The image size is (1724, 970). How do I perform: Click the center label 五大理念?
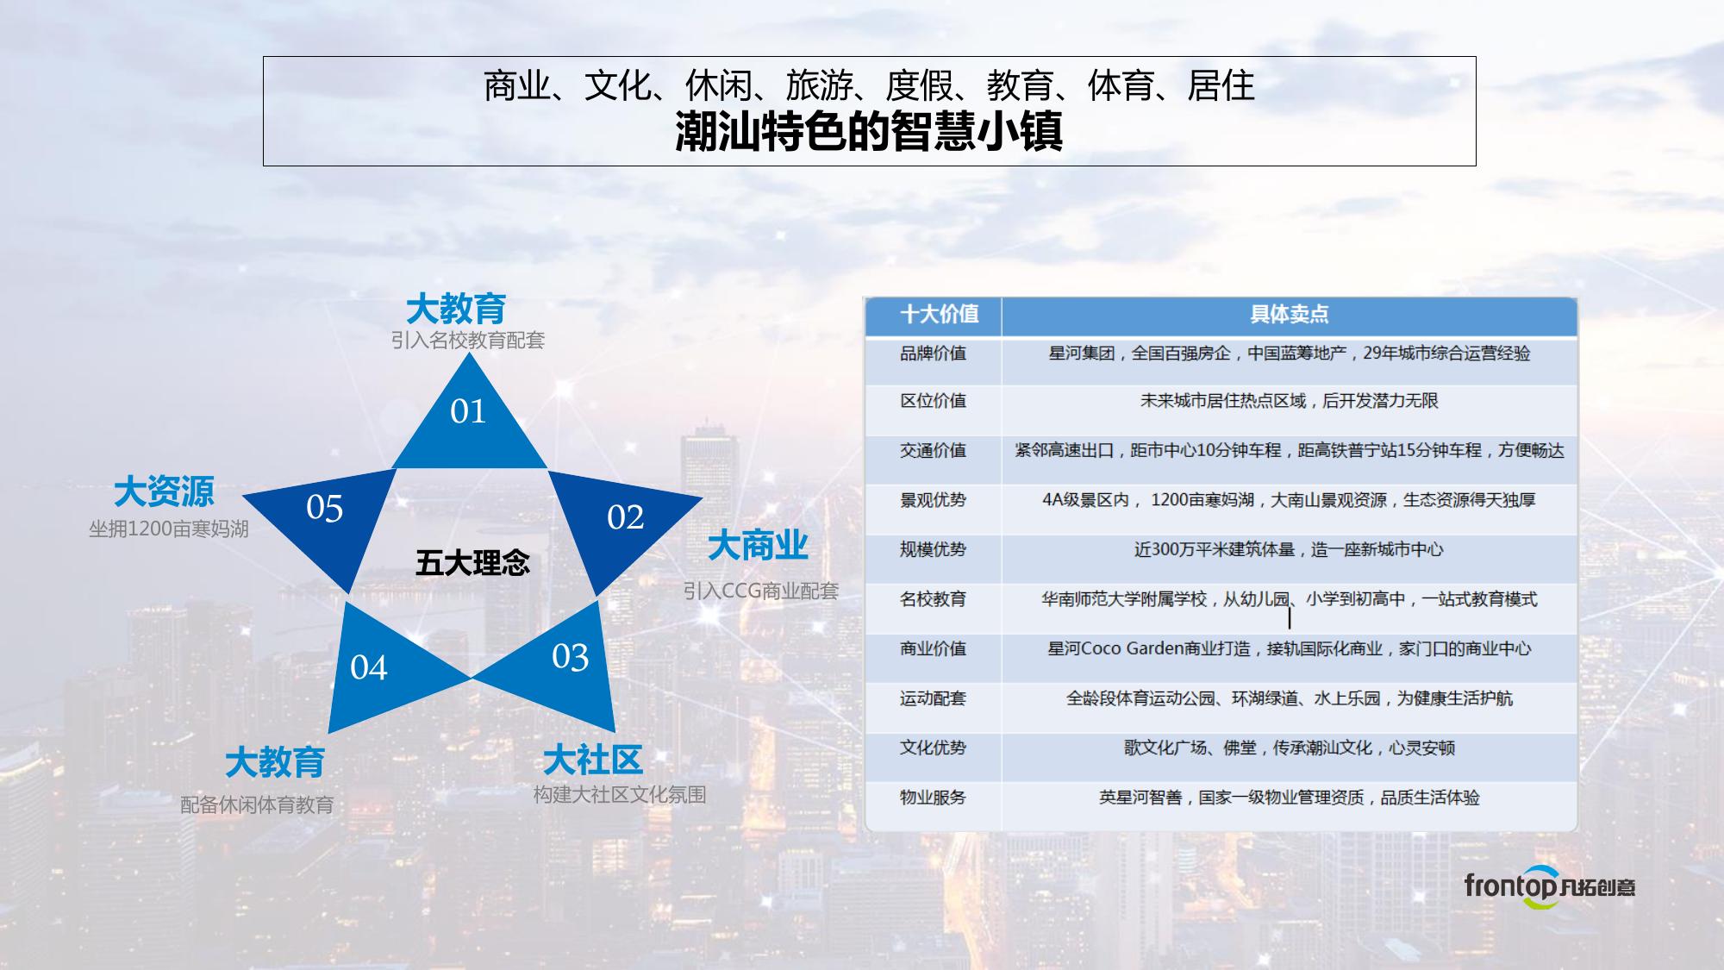tap(472, 563)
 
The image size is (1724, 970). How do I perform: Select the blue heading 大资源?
tap(164, 491)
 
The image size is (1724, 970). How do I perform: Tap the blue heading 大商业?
tap(758, 546)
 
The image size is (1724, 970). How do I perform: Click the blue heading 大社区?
tap(593, 760)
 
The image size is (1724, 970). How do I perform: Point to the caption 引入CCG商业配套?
tap(761, 591)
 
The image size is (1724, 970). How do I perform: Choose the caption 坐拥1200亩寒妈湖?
tap(169, 529)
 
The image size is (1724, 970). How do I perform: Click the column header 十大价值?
tap(940, 314)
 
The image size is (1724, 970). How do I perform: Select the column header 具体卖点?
tap(1290, 314)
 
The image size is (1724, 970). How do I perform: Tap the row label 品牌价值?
tap(933, 354)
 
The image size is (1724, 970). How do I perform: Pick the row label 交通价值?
tap(933, 450)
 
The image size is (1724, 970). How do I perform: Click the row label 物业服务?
tap(933, 798)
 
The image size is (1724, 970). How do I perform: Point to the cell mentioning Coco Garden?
tap(1290, 648)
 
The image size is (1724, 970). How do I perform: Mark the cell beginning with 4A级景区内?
tap(1290, 500)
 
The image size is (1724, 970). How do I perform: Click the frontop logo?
tap(1549, 886)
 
